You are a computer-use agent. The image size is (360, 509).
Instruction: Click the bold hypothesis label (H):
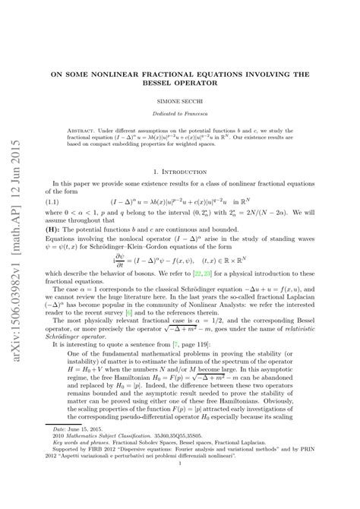click(x=60, y=228)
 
